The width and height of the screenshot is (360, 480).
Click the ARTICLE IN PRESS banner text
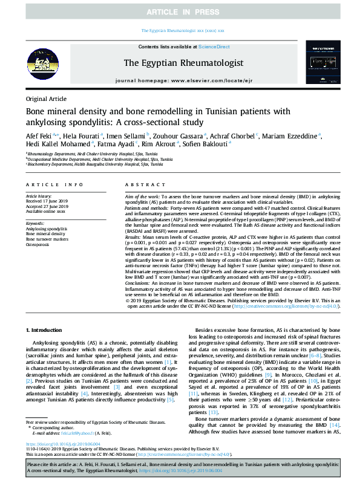click(x=180, y=11)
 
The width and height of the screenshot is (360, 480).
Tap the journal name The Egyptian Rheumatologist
click(x=183, y=62)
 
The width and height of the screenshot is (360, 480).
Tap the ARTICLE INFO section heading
click(x=54, y=184)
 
